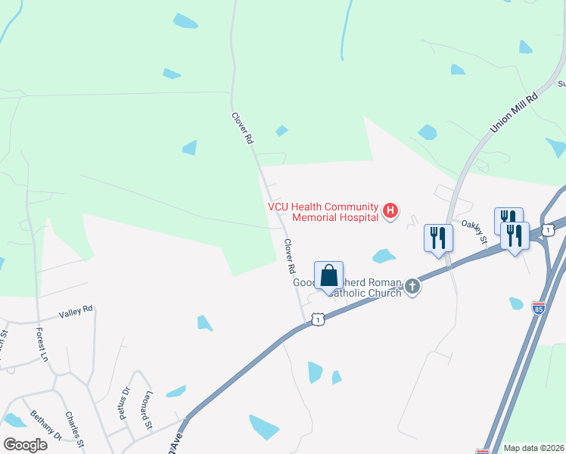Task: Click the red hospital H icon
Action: pyautogui.click(x=390, y=210)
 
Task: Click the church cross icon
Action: pyautogui.click(x=412, y=286)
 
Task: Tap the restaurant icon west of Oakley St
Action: pyautogui.click(x=438, y=238)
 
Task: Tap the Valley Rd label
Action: pyautogui.click(x=76, y=311)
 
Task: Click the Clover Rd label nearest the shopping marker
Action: pyautogui.click(x=288, y=257)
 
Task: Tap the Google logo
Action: pyautogui.click(x=25, y=444)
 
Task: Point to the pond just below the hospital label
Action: pyautogui.click(x=384, y=256)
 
